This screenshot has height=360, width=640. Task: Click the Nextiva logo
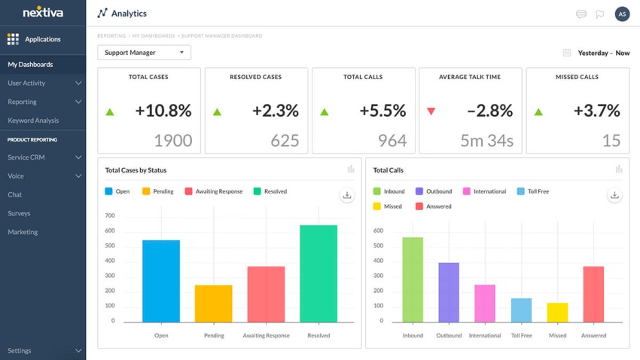(43, 12)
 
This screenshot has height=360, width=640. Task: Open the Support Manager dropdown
(144, 53)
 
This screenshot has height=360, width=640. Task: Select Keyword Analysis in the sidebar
(33, 121)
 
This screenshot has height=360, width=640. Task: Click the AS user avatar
(622, 14)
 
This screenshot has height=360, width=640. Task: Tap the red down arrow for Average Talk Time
(431, 111)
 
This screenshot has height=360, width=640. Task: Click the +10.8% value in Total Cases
(163, 111)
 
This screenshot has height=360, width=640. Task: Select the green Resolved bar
(318, 274)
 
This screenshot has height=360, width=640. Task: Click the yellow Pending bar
(214, 304)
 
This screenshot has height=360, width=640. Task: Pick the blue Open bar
(161, 282)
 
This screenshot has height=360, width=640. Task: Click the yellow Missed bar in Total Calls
(557, 313)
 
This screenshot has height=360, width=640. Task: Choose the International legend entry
(484, 192)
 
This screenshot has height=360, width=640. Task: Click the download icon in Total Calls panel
(614, 195)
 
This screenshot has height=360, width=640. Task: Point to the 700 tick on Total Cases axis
(110, 216)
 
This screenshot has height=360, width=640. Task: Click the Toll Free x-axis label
(521, 336)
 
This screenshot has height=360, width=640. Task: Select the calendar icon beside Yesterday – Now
(567, 53)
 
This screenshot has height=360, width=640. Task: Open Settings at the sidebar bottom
(20, 351)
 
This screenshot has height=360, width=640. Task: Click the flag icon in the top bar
(600, 14)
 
